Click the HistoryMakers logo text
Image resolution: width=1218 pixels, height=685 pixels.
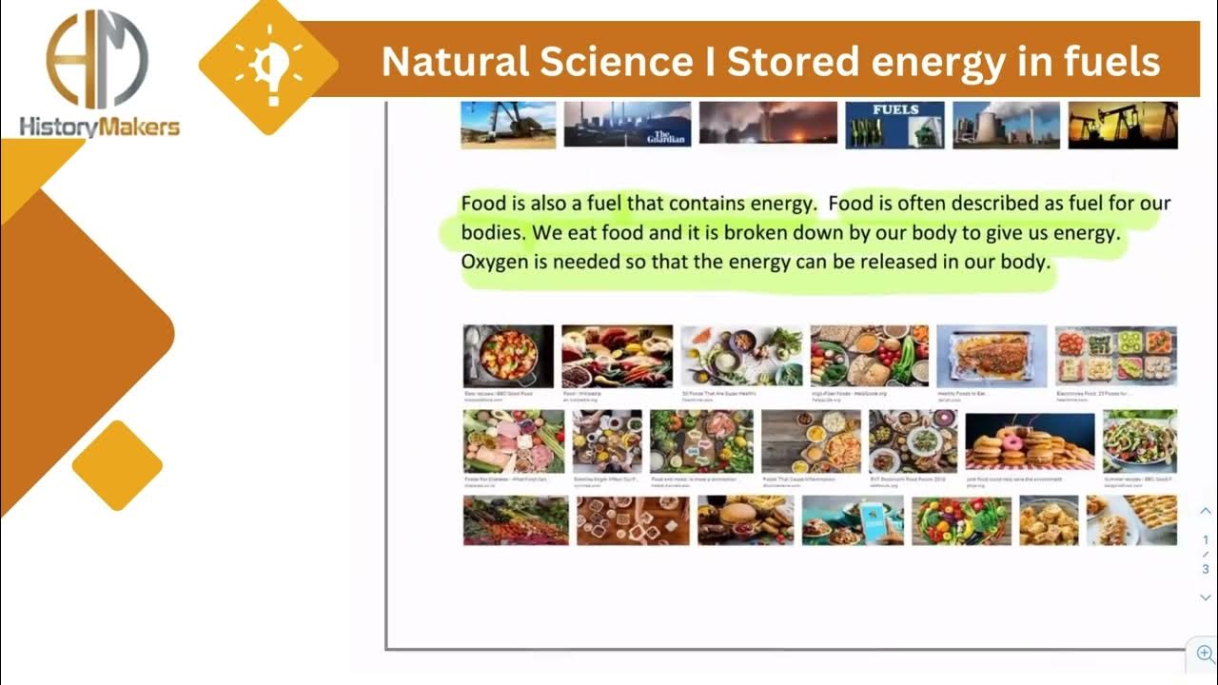click(x=99, y=126)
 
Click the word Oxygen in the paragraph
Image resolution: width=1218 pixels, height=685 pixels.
click(x=494, y=261)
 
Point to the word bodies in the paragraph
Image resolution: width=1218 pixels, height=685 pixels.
click(x=491, y=232)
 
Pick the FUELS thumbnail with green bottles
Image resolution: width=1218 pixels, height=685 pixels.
click(x=894, y=125)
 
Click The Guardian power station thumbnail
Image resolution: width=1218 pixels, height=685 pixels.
click(x=626, y=125)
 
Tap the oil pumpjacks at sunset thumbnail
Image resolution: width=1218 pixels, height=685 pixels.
click(x=1123, y=125)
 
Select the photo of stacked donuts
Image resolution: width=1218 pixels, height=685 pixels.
click(x=1030, y=440)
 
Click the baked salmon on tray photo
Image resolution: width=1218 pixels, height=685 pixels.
click(x=991, y=357)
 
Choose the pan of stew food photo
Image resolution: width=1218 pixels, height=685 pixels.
click(x=508, y=357)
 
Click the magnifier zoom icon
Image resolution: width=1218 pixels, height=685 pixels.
click(x=1206, y=654)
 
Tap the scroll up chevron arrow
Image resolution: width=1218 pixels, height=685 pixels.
click(x=1206, y=511)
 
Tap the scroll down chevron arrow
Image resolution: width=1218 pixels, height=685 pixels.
click(x=1206, y=597)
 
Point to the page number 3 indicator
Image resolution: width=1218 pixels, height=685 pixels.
click(x=1206, y=570)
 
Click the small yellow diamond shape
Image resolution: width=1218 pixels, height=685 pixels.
click(x=117, y=465)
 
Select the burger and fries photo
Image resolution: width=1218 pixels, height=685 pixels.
click(x=745, y=520)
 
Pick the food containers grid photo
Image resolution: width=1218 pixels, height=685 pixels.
click(x=1115, y=357)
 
